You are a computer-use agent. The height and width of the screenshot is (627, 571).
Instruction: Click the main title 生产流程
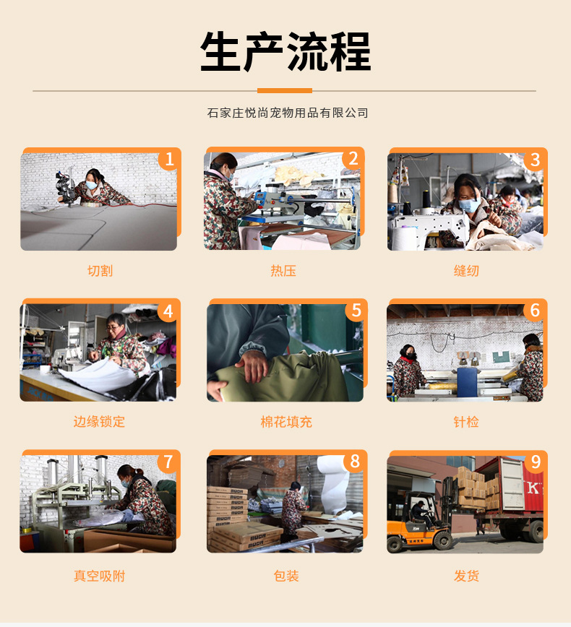pos(285,52)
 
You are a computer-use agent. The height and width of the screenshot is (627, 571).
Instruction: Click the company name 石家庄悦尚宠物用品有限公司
pos(288,113)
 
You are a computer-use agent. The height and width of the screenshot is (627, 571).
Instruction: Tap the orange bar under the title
pos(285,90)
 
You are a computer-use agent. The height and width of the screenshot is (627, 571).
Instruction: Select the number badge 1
pos(169,159)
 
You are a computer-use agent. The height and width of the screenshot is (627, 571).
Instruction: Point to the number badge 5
pos(355,311)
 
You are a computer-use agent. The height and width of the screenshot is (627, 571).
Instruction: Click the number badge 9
pos(535,462)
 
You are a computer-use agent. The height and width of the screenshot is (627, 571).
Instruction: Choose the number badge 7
pos(168,462)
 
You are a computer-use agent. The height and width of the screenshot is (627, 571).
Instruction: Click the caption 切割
pos(100,271)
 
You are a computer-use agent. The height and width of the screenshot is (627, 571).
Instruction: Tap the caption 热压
pos(283,271)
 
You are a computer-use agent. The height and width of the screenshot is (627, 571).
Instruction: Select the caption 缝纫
pos(466,271)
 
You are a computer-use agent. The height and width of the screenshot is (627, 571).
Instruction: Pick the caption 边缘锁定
pos(99,422)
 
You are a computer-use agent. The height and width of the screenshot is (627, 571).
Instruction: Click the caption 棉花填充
pos(286,422)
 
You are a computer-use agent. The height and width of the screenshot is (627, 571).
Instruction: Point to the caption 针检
pos(466,422)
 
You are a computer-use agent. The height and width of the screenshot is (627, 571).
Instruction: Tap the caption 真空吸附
pos(99,576)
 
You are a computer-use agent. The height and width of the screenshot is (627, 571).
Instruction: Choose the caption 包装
pos(286,576)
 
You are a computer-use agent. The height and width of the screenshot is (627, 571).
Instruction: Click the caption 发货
pos(466,576)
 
